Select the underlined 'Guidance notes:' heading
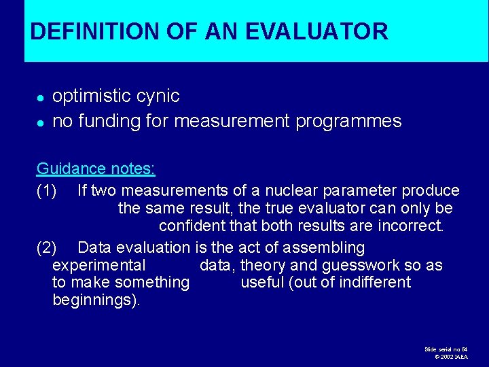[96, 169]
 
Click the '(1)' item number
[46, 191]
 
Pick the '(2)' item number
[46, 247]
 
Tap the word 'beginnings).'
[96, 300]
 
